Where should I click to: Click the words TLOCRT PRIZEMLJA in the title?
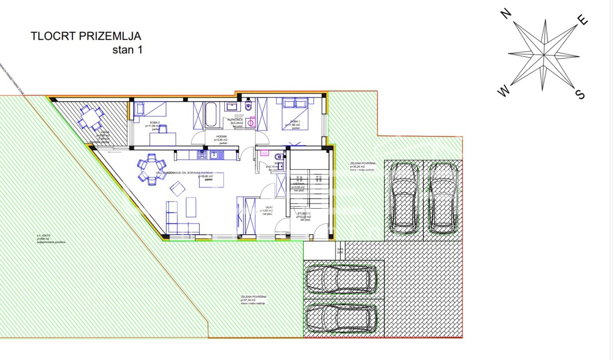coord(85,36)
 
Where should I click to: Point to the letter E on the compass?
coord(582,20)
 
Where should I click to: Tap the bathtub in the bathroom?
coord(211,116)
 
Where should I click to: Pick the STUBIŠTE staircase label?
coord(304,214)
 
